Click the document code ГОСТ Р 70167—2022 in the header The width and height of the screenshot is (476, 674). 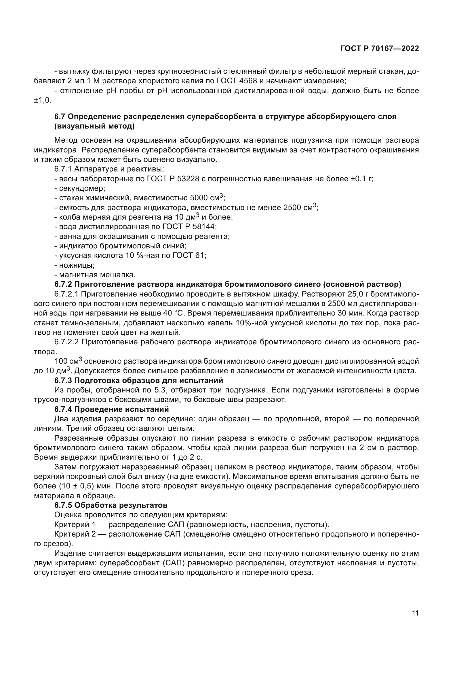(379, 49)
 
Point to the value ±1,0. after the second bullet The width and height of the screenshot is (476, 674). (43, 100)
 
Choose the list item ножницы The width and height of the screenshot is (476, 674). (77, 265)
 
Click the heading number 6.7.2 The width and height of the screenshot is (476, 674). (63, 284)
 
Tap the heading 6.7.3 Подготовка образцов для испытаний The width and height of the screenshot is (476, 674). (139, 380)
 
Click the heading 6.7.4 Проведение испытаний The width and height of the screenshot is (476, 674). (111, 409)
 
